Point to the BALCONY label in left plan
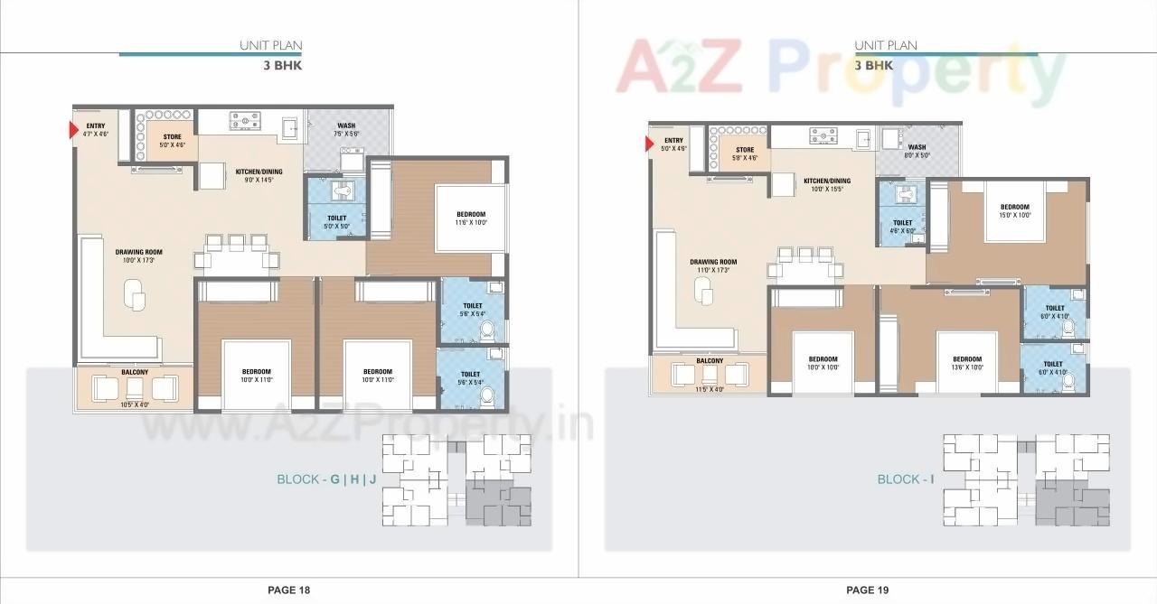tap(134, 372)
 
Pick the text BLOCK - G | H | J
tap(326, 479)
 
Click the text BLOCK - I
tap(905, 479)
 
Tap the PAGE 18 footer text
tap(288, 590)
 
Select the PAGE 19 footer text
tap(867, 590)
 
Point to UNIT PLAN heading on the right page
tap(886, 45)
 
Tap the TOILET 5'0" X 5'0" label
tap(335, 221)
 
